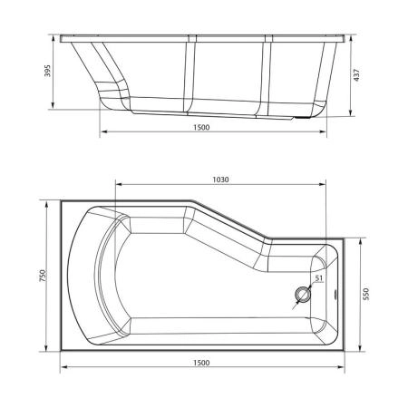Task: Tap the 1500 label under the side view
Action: click(201, 128)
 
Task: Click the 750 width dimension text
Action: click(42, 277)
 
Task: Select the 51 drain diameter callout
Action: click(318, 278)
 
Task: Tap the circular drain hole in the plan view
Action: click(303, 296)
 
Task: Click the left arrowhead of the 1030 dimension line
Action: click(117, 187)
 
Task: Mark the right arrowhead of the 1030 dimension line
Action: click(323, 187)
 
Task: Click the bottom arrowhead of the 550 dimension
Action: click(359, 350)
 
